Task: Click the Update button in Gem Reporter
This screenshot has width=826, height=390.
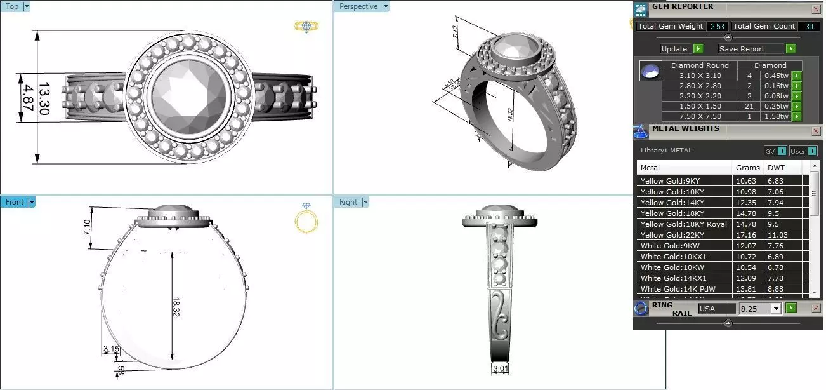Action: pyautogui.click(x=674, y=49)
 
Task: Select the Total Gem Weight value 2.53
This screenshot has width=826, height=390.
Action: pyautogui.click(x=718, y=26)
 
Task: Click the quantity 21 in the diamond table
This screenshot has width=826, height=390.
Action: pyautogui.click(x=749, y=106)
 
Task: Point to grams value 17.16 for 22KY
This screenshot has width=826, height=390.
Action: pyautogui.click(x=745, y=235)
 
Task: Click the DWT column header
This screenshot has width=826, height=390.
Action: pyautogui.click(x=775, y=168)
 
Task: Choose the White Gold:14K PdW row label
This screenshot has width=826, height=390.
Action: pyautogui.click(x=678, y=289)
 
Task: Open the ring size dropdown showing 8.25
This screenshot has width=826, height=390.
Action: pyautogui.click(x=775, y=309)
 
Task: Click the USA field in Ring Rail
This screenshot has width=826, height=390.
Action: pyautogui.click(x=716, y=309)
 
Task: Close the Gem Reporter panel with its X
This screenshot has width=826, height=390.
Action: pyautogui.click(x=816, y=9)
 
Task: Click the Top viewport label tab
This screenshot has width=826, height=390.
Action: pyautogui.click(x=12, y=6)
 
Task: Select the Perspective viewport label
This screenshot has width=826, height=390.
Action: pyautogui.click(x=358, y=6)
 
